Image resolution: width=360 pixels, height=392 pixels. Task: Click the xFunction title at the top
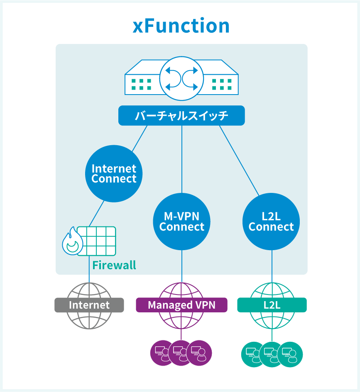(181, 27)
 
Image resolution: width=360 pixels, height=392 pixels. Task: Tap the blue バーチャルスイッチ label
(181, 116)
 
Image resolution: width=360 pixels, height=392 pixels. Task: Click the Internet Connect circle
(114, 174)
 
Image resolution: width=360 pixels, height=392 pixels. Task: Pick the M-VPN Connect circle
(182, 222)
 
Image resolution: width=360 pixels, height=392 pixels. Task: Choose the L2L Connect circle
(271, 222)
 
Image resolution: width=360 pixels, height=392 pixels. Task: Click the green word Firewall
(114, 265)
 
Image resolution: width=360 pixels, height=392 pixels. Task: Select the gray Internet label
(89, 305)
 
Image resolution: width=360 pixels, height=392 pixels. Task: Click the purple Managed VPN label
(182, 305)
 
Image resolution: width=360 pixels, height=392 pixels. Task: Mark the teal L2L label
(272, 305)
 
